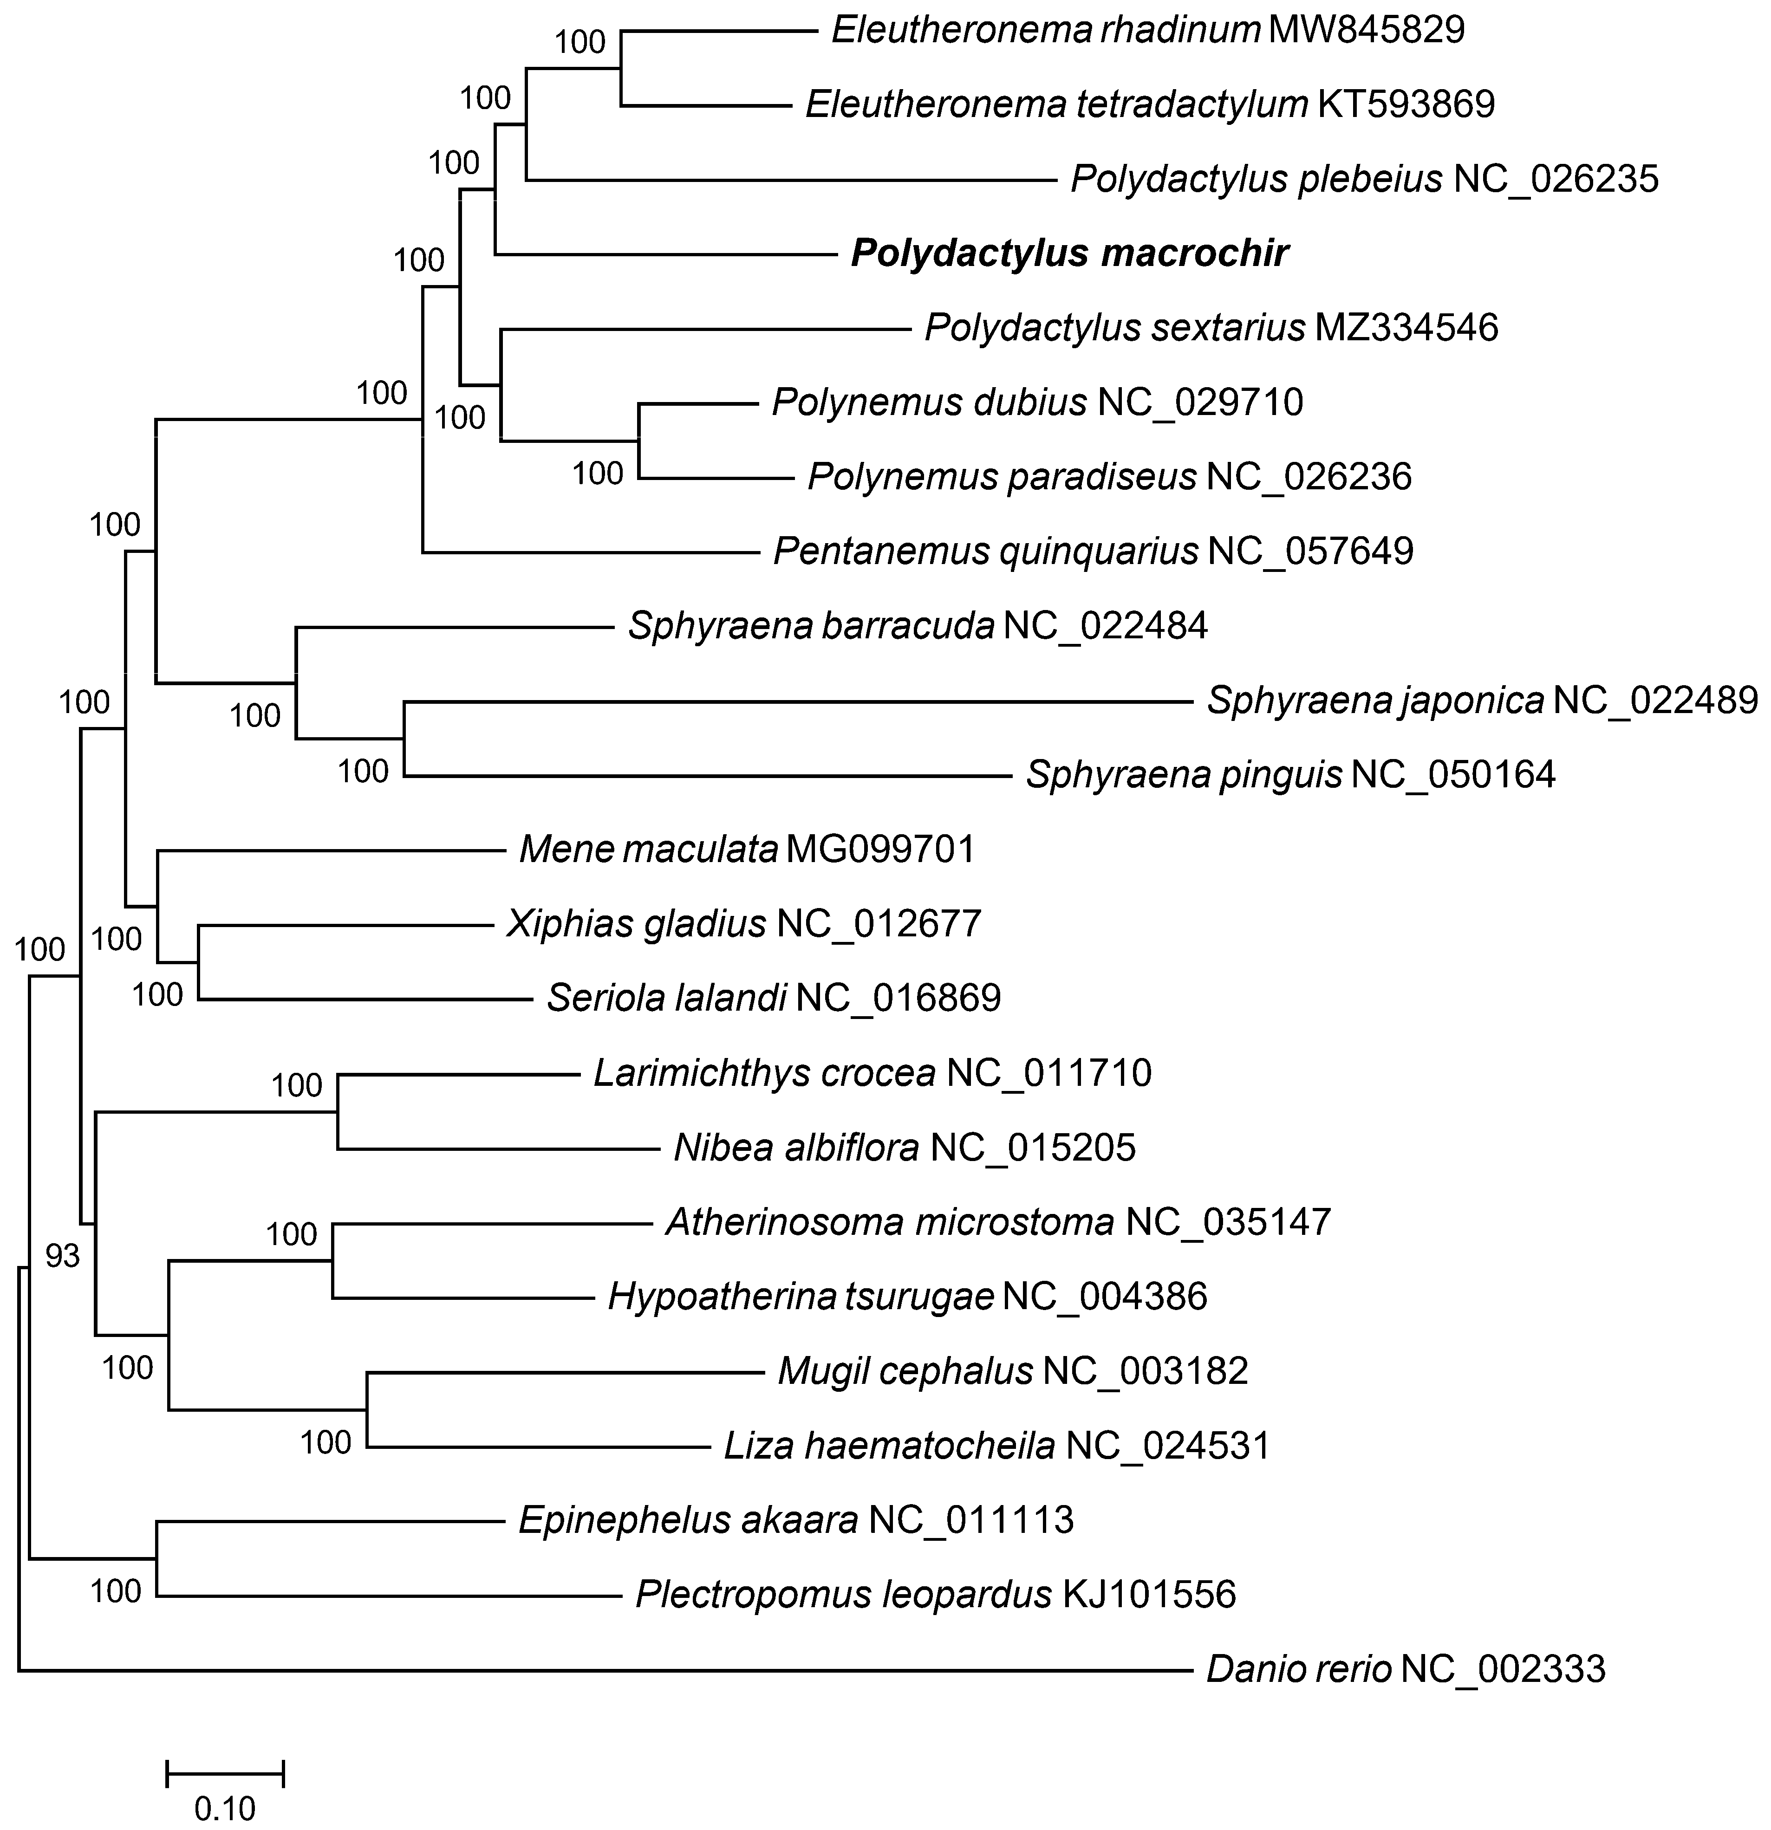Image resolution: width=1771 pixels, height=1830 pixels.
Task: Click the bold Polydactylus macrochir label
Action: click(1069, 253)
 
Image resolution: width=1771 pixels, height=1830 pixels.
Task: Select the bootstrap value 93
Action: click(63, 1257)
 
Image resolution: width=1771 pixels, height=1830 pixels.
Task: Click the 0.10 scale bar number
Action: click(224, 1809)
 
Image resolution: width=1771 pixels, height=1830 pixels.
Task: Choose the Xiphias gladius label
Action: click(636, 924)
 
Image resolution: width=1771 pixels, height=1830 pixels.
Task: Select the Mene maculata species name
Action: click(648, 850)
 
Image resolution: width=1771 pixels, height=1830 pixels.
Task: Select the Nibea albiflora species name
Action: click(796, 1148)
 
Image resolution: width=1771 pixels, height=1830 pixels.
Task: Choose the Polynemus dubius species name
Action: click(930, 402)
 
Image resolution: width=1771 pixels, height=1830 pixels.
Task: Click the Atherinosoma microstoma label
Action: click(889, 1222)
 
